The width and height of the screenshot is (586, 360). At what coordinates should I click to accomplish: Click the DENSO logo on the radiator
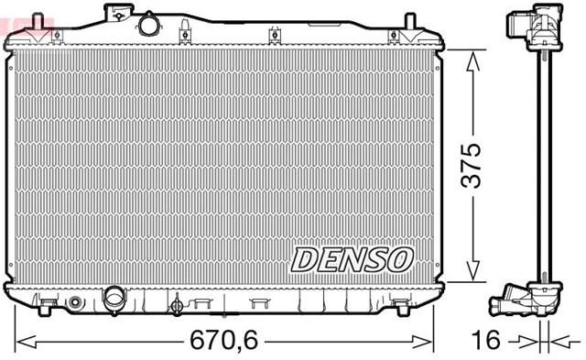352,258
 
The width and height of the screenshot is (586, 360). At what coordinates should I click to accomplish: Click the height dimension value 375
472,165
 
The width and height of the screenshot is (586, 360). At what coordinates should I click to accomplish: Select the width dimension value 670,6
223,342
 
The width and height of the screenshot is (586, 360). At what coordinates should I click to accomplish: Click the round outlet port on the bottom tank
114,297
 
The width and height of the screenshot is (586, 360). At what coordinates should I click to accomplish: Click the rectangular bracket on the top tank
118,12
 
